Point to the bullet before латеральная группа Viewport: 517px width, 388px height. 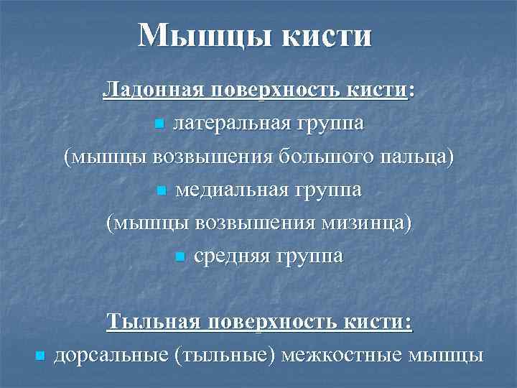coord(159,125)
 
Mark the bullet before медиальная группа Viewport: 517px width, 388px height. coord(160,191)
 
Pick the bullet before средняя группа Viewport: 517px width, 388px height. coord(180,257)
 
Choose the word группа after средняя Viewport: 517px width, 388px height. coord(312,256)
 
